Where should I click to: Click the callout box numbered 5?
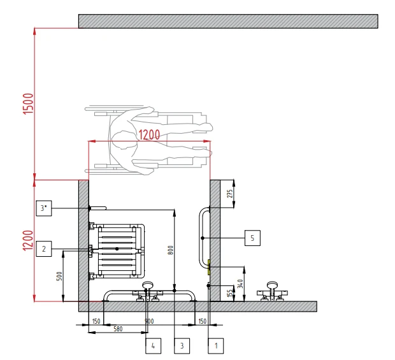click(252, 238)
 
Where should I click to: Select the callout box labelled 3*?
click(44, 208)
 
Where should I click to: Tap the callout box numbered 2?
click(44, 248)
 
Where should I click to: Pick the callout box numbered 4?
click(153, 346)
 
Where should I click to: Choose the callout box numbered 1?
click(215, 346)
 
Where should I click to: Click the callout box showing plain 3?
click(182, 346)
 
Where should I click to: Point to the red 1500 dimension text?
click(28, 104)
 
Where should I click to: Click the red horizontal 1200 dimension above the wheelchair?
click(149, 134)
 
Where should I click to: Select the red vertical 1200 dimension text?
click(28, 241)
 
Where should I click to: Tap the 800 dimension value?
click(171, 250)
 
